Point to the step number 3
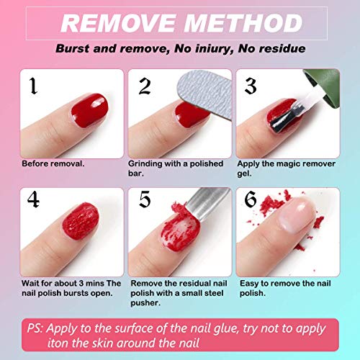coord(251,87)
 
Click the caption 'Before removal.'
coord(52,163)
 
